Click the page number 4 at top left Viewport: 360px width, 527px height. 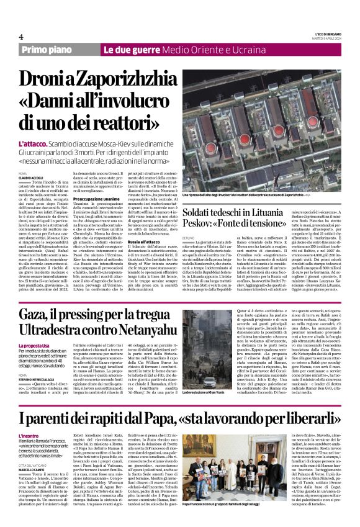21,37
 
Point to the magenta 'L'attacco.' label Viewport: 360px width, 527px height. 35,143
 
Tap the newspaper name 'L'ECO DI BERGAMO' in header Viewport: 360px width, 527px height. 323,35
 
